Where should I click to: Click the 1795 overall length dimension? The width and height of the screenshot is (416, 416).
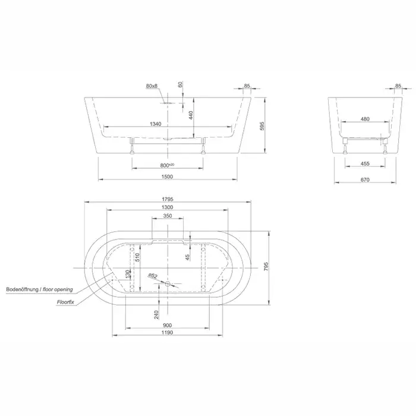click(x=168, y=199)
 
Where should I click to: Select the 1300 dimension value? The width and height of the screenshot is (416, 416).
click(x=168, y=207)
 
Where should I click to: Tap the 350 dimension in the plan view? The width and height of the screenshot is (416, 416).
click(x=168, y=216)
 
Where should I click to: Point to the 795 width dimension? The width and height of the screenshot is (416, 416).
click(x=266, y=266)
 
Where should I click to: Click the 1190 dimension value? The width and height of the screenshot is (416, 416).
click(x=168, y=332)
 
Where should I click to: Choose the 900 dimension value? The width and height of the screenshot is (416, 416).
click(x=168, y=325)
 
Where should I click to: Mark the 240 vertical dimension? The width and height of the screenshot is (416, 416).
click(x=156, y=314)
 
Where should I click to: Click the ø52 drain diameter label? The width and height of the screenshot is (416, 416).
click(x=153, y=276)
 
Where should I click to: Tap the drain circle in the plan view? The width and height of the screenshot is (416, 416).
click(x=168, y=284)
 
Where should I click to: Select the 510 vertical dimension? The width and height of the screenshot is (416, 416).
click(x=137, y=257)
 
